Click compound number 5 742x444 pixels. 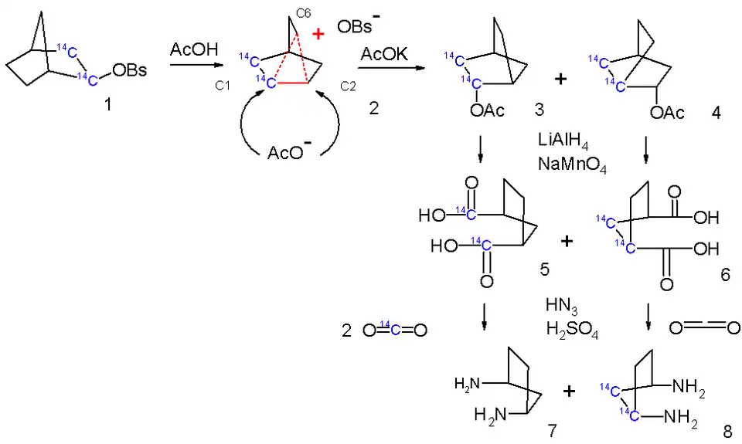[544, 270]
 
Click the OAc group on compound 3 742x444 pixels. [487, 111]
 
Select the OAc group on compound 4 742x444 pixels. [667, 114]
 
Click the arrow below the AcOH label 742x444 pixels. [192, 66]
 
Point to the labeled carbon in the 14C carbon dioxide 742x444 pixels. [393, 330]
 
